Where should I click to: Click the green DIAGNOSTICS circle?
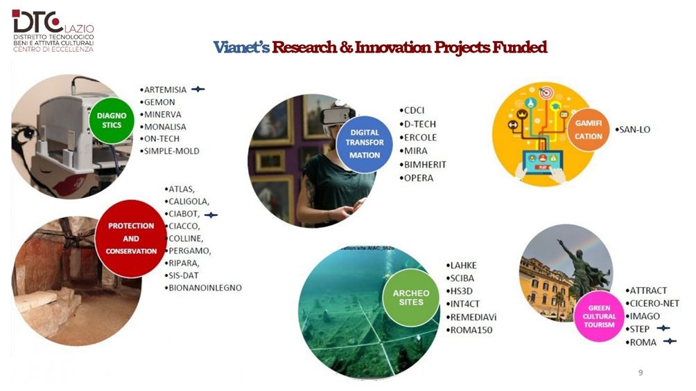(x=112, y=120)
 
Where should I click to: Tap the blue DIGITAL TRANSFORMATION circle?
(x=365, y=144)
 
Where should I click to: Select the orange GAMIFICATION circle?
(x=588, y=129)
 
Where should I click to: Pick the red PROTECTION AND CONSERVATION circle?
(x=131, y=239)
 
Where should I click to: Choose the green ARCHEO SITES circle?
(x=411, y=298)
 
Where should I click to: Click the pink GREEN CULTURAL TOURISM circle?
(x=599, y=316)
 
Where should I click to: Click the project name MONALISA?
(x=165, y=127)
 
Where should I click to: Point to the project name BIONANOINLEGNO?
(x=205, y=288)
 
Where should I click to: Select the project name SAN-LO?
(x=635, y=129)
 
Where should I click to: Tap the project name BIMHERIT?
(x=425, y=165)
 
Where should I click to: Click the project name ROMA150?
(x=471, y=330)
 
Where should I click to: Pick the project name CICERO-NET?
(x=654, y=303)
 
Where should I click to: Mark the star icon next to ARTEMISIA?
(x=198, y=89)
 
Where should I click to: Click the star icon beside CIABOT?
(x=211, y=215)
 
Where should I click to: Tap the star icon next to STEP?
(x=663, y=329)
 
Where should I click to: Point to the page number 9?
(x=641, y=372)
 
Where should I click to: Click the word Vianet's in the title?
(x=241, y=47)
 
